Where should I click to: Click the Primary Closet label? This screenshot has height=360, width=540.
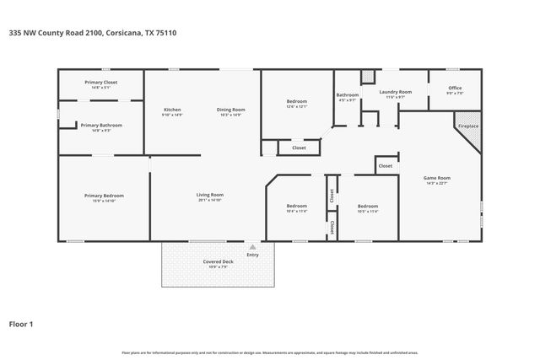100,82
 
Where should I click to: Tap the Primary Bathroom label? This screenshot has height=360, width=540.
100,125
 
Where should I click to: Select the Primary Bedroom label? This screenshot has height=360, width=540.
100,196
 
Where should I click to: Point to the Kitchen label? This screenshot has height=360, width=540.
172,110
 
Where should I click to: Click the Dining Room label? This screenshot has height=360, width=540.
230,110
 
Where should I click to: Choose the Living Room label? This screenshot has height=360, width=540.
209,195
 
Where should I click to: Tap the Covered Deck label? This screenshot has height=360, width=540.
218,261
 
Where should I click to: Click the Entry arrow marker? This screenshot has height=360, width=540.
251,248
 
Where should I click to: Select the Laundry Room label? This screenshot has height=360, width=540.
395,91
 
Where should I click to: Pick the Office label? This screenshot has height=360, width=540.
455,88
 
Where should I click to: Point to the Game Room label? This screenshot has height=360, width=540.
436,178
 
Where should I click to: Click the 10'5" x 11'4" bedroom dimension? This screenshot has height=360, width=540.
367,212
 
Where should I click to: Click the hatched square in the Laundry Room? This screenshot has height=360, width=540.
367,77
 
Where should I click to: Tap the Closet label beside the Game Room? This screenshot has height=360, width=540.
385,166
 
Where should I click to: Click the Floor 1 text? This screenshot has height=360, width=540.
21,323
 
